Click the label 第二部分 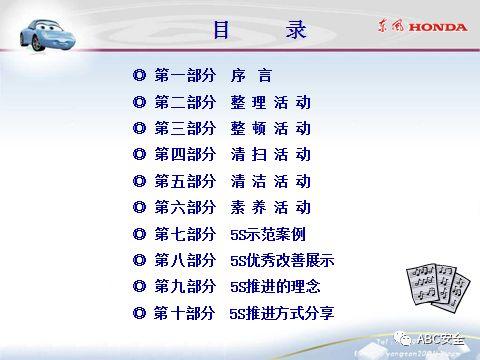(185, 102)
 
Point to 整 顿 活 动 (270, 129)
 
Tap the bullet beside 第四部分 (140, 155)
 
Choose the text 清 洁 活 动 (270, 182)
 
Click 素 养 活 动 (270, 208)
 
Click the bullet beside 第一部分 (140, 75)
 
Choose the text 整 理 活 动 (270, 102)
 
